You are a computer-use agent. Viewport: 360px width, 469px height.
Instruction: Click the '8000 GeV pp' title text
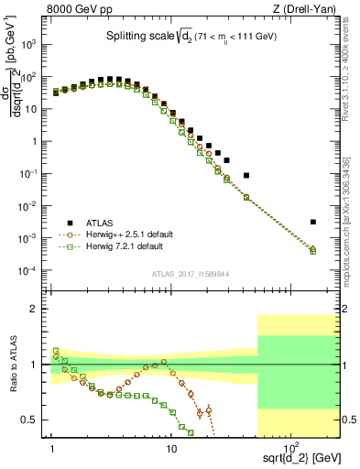coord(77,10)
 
